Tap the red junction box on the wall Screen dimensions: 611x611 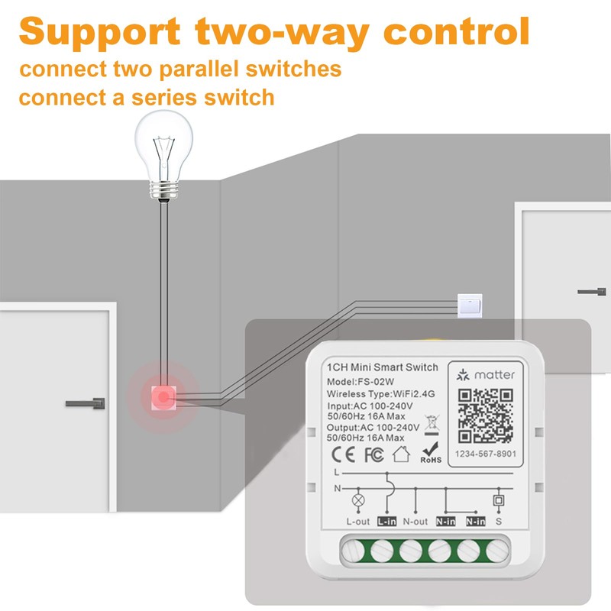pyautogui.click(x=163, y=396)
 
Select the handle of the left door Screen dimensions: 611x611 pyautogui.click(x=85, y=402)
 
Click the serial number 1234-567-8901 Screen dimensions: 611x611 pyautogui.click(x=486, y=454)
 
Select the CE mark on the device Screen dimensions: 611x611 pyautogui.click(x=340, y=455)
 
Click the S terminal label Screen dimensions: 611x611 pyautogui.click(x=499, y=522)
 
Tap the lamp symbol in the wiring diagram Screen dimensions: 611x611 pyautogui.click(x=356, y=502)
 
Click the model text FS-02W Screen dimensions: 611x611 pyautogui.click(x=374, y=381)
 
